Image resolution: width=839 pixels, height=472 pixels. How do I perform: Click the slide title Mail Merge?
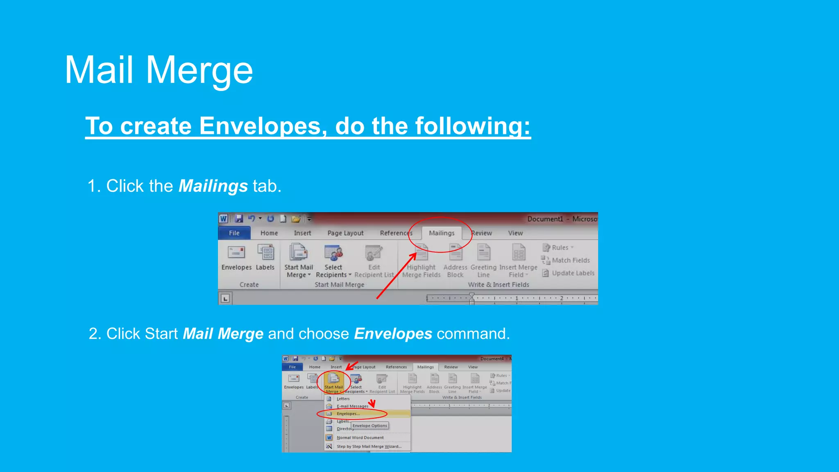pos(159,70)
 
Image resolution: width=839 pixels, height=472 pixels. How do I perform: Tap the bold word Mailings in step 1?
pos(213,186)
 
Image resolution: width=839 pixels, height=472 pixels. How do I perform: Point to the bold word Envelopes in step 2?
pos(393,334)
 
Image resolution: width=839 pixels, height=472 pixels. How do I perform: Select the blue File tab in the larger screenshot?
pos(234,233)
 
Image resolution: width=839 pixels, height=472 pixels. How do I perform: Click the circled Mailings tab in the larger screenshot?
pos(442,233)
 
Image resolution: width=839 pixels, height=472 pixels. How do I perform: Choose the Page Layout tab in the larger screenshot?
pos(345,233)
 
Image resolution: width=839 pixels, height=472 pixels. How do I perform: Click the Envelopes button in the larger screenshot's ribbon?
pos(236,258)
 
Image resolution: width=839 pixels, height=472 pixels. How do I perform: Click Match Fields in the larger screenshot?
pos(570,260)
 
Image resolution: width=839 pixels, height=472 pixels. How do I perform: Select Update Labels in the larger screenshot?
pos(572,273)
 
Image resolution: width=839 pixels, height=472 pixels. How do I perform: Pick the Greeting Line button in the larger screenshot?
pos(483,260)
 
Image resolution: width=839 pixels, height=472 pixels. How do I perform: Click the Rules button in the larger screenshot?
pos(559,247)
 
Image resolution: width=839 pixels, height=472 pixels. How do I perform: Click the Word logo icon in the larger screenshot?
pos(223,219)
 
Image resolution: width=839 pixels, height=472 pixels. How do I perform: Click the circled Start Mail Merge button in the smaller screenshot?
pos(333,383)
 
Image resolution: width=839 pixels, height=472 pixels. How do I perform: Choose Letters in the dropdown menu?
pos(343,399)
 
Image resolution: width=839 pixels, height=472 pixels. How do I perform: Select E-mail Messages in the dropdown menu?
pos(352,406)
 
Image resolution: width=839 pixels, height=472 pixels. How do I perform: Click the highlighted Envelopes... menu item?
pos(348,414)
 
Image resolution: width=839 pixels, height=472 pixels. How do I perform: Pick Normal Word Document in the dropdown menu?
pos(360,438)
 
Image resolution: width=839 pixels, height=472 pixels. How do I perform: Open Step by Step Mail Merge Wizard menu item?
pos(369,447)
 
